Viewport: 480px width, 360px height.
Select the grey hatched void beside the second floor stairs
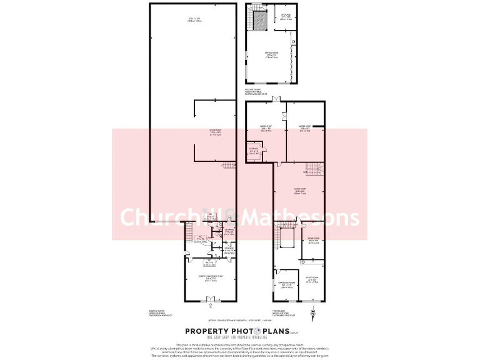(x=261, y=22)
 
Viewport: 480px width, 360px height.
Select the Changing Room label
(x=287, y=286)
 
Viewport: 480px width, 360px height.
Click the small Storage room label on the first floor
(x=253, y=151)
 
